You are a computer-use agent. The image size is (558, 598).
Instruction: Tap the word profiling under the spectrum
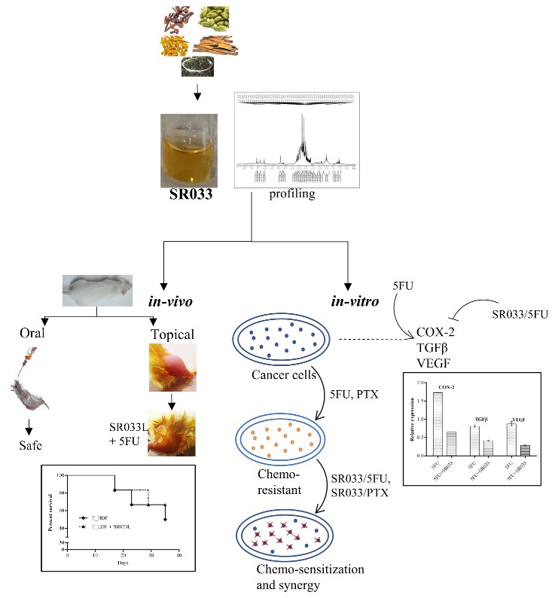292,194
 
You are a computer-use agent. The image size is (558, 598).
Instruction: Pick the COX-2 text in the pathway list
435,332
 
